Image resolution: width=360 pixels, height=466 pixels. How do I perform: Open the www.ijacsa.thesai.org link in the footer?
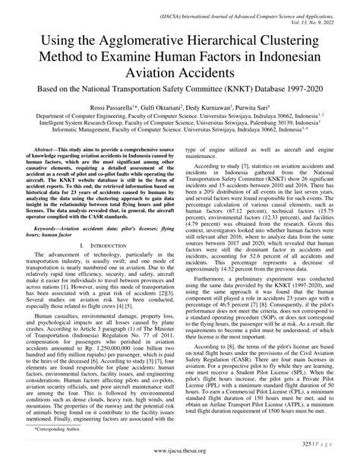pyautogui.click(x=180, y=458)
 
